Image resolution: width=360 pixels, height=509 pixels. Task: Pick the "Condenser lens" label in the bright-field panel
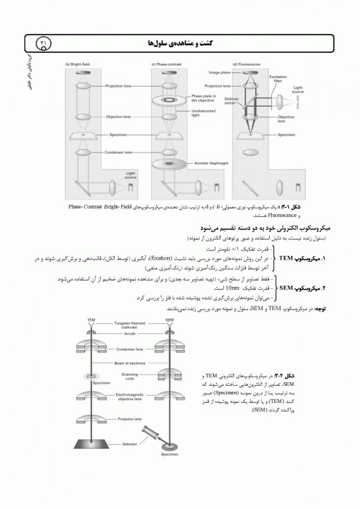[119, 152]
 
